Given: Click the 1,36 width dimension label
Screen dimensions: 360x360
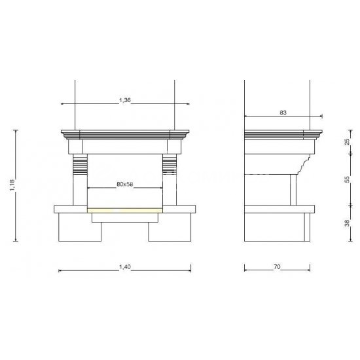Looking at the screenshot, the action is click(124, 100).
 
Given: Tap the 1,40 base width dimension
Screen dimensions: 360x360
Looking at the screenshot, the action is click(125, 267).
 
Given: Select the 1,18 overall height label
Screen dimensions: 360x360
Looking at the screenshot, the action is click(12, 185).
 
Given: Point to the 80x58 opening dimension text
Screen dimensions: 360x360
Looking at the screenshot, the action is click(125, 184).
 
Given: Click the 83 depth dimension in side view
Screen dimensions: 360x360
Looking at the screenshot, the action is click(283, 113).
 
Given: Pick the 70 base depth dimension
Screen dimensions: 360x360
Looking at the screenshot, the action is click(277, 267).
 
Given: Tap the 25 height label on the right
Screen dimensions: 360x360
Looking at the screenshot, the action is click(348, 141).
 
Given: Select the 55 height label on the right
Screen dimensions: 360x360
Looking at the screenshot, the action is click(348, 179).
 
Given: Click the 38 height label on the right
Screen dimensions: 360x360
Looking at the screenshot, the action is click(347, 223).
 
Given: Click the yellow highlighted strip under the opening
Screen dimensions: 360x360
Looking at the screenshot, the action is click(125, 210).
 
